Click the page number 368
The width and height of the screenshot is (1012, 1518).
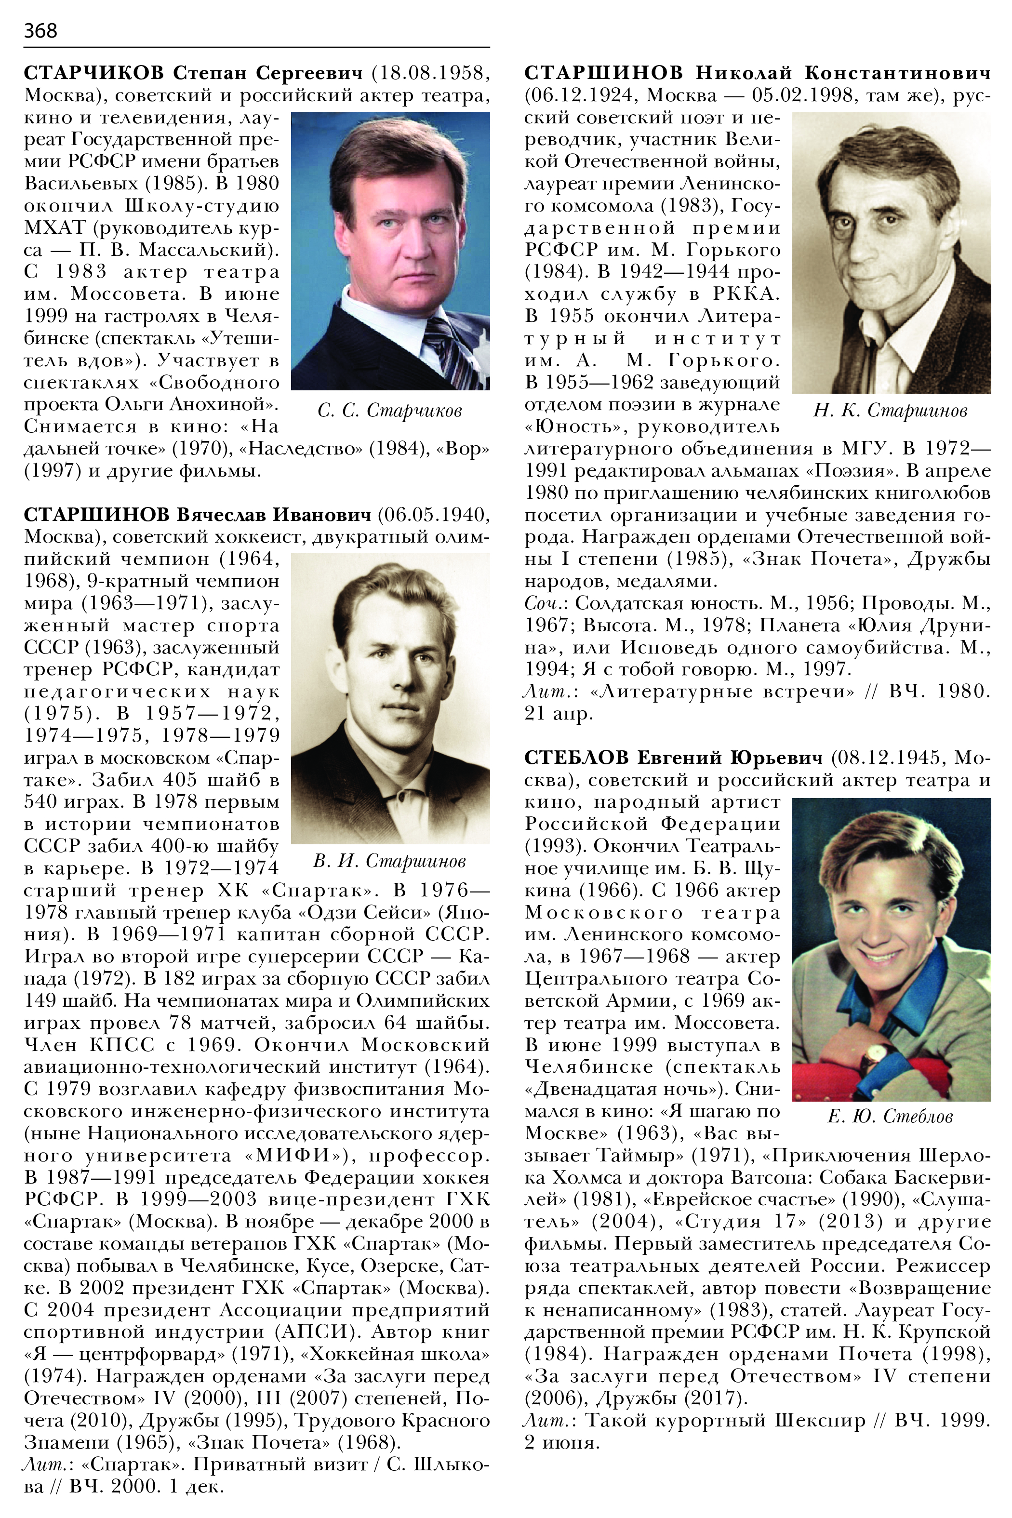40,30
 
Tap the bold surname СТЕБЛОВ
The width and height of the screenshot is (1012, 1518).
576,757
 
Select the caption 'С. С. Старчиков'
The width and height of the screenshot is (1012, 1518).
390,411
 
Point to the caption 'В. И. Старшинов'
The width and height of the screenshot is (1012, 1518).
390,861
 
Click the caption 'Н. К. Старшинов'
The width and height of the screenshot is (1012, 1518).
891,411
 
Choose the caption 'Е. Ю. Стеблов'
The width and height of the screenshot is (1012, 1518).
890,1117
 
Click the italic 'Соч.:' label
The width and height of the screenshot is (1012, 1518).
546,603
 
